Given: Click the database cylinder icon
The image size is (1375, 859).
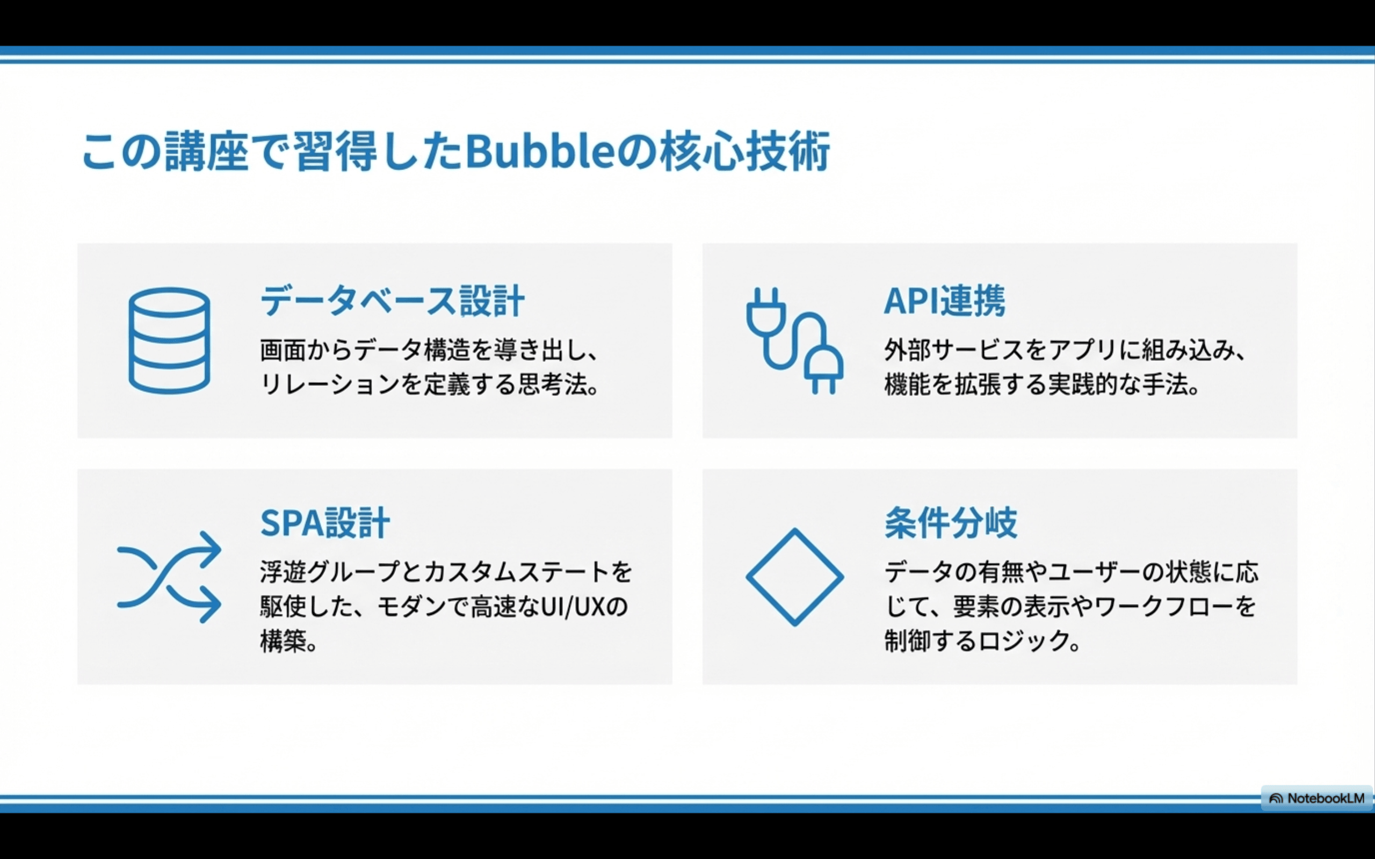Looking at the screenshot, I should [x=169, y=340].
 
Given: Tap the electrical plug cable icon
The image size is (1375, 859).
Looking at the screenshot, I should [x=794, y=340].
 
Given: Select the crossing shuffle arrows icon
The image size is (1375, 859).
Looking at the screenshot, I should [x=169, y=577].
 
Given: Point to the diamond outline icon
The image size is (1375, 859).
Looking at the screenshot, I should [x=794, y=577].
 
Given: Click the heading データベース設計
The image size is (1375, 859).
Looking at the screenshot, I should [x=392, y=301].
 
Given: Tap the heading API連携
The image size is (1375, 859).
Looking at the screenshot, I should [x=944, y=301].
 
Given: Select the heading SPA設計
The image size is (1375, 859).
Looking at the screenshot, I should [x=325, y=523].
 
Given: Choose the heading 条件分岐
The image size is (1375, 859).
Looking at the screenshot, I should [x=951, y=523].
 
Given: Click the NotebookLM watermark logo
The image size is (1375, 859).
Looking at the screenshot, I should [x=1317, y=798].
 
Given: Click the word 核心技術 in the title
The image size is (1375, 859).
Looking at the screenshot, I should [x=745, y=152].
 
